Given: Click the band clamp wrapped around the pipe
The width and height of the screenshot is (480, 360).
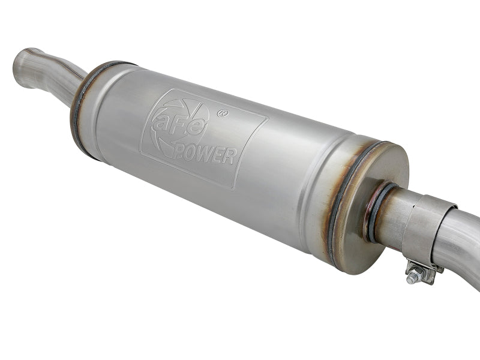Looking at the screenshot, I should tap(423, 225).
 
